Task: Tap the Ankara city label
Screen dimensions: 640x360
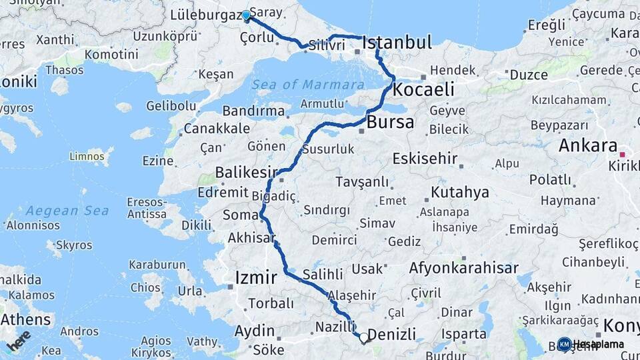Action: [587, 145]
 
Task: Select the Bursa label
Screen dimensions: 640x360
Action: [390, 123]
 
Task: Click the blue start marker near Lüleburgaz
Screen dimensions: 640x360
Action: [246, 15]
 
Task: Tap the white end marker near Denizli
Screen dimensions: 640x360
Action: [364, 338]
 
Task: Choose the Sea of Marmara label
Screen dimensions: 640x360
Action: [308, 85]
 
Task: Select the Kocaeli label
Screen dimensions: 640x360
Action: [423, 89]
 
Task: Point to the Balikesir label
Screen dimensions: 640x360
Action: [245, 174]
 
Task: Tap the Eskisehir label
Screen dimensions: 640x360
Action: [425, 159]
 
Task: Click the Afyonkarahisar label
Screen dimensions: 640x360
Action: [463, 269]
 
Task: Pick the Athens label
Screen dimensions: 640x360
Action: [26, 320]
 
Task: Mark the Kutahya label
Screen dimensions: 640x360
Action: [460, 193]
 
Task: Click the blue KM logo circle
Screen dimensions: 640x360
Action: [564, 344]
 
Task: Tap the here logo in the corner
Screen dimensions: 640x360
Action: [18, 340]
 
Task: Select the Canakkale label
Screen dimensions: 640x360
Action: [217, 129]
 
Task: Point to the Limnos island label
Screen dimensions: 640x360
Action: [87, 157]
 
